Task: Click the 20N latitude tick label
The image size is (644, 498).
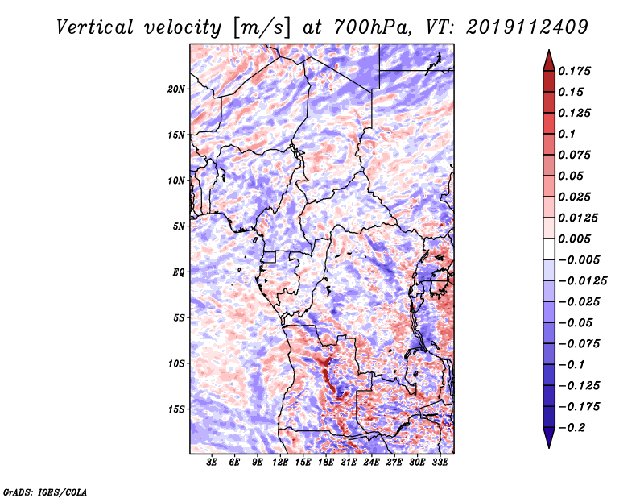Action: [x=176, y=89]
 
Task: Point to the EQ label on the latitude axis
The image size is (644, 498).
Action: [x=179, y=272]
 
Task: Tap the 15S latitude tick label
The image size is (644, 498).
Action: [x=176, y=409]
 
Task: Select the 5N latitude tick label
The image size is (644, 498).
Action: [x=179, y=226]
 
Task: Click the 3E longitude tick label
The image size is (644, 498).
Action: [x=212, y=463]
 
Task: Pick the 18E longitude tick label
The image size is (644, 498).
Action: [x=325, y=463]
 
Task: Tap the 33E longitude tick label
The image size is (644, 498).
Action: [x=440, y=463]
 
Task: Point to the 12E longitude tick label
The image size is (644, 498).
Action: [x=279, y=463]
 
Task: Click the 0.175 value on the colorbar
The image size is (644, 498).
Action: [x=574, y=71]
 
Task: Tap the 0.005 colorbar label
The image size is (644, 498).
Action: [x=574, y=239]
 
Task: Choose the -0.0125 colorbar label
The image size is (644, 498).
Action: [x=582, y=281]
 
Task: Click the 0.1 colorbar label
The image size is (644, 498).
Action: [x=567, y=134]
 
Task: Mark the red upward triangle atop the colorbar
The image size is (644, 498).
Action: [x=549, y=60]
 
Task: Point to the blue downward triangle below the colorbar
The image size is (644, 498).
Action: [x=549, y=438]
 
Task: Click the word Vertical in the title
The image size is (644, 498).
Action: [x=95, y=27]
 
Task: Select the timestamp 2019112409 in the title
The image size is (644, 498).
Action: [x=527, y=27]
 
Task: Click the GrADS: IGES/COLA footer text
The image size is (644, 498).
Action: [x=45, y=492]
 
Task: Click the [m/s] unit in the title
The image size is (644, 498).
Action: [x=262, y=27]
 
